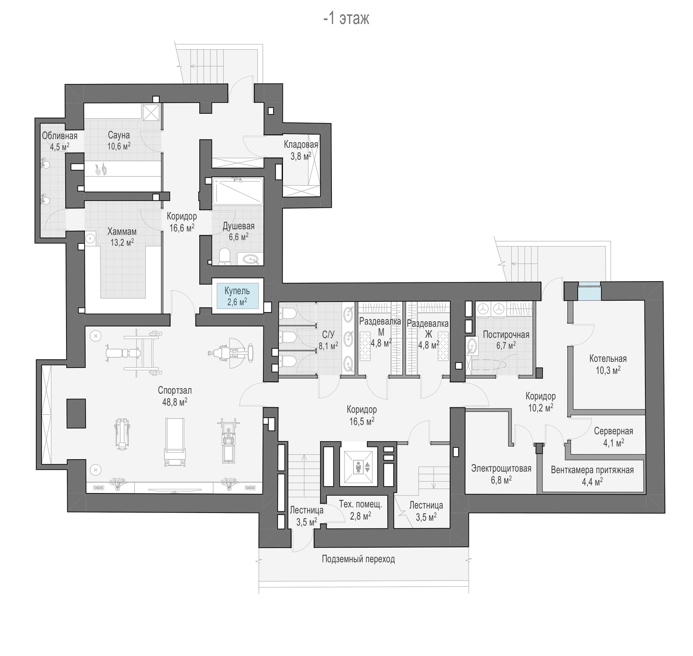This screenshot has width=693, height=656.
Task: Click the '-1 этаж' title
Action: pos(346,18)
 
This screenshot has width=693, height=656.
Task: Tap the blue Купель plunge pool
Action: pos(237,296)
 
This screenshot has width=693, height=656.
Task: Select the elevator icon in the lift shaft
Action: pos(359,467)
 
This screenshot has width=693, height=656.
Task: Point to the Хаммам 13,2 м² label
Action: pos(122,237)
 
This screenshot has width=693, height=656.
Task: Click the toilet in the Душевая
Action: pos(225,257)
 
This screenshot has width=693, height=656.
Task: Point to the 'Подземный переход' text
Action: pos(358,559)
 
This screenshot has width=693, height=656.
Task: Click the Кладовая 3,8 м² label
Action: pos(301,150)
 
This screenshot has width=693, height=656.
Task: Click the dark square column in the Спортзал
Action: pos(76,413)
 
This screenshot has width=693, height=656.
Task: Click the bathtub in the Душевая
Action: pos(238,191)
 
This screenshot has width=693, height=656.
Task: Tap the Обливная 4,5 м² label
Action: pos(60,141)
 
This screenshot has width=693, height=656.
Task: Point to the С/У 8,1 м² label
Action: pos(328,340)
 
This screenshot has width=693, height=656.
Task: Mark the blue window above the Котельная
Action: pos(589,291)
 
